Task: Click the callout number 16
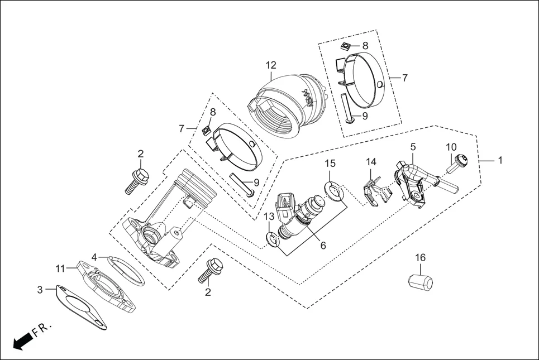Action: [420, 257]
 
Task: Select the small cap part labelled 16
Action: [420, 281]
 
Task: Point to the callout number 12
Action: [271, 65]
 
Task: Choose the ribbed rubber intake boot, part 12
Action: [285, 106]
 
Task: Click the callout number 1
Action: [500, 160]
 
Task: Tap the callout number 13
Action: [269, 216]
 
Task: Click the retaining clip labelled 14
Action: [374, 190]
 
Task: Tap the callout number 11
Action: [61, 268]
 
